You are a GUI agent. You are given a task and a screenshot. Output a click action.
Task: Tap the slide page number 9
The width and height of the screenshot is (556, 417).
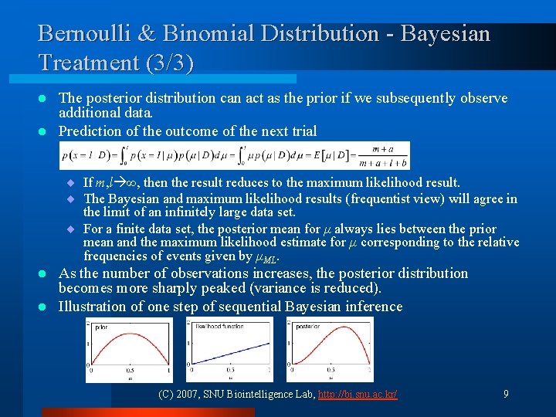coord(506,394)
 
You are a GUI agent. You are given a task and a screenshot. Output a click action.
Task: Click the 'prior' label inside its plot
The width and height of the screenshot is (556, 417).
coord(101,327)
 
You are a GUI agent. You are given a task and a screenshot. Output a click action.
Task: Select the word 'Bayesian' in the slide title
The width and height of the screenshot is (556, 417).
coord(445,33)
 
